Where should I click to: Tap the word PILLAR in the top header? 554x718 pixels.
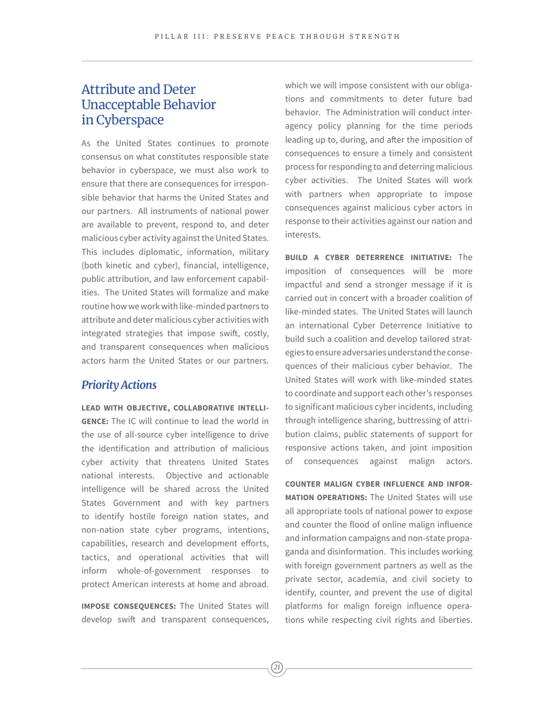[x=170, y=37]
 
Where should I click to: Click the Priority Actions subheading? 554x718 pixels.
[x=119, y=385]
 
